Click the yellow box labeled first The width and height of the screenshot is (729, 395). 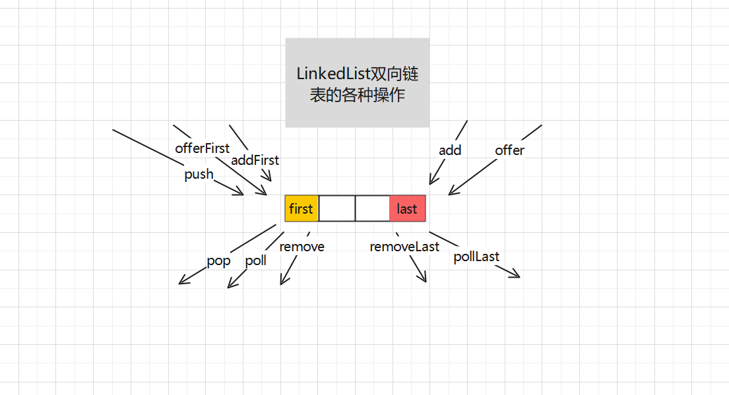301,208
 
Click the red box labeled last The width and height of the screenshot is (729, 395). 407,208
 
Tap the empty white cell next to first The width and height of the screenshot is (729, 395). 336,208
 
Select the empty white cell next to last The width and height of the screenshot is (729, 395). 372,208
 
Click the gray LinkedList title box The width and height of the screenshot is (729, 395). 357,82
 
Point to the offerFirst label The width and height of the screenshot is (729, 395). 202,148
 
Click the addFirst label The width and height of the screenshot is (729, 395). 255,160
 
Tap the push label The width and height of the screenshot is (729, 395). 199,174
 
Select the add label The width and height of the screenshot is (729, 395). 450,150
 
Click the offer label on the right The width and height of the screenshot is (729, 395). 509,150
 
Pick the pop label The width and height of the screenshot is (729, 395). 218,260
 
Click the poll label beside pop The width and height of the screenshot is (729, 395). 255,260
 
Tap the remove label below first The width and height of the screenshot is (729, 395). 301,247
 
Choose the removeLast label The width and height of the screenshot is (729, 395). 404,247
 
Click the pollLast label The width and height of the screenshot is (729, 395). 476,257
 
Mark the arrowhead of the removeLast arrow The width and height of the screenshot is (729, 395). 424,280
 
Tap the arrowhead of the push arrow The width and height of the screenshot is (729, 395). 241,193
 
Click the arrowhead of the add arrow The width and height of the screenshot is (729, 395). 431,181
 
